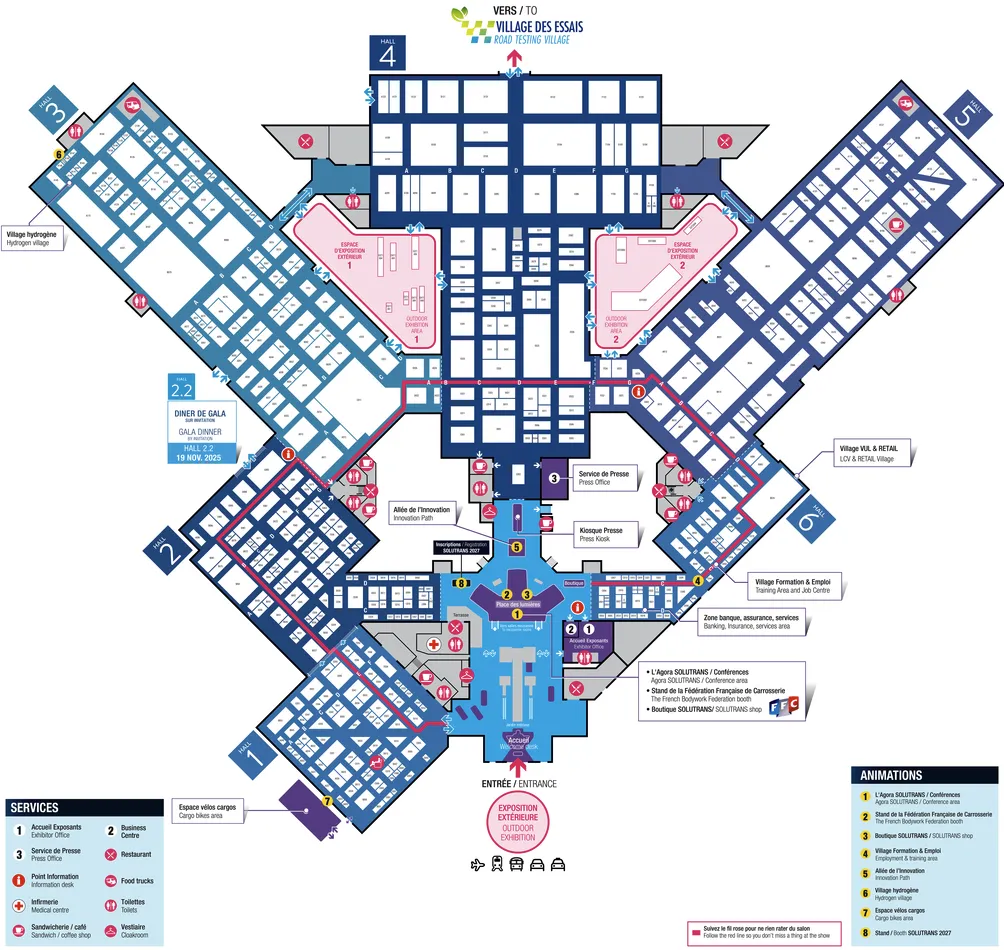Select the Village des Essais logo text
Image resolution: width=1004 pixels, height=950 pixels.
[x=519, y=26]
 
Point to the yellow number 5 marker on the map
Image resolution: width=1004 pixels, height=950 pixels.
[x=517, y=546]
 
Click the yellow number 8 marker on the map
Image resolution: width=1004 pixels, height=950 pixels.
[x=462, y=582]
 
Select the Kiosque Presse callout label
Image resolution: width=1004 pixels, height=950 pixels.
[x=600, y=535]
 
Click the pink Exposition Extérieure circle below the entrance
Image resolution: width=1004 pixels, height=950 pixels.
[x=517, y=821]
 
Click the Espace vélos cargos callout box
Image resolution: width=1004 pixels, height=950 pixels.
[x=208, y=811]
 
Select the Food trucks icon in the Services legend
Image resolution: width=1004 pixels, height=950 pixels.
[x=110, y=880]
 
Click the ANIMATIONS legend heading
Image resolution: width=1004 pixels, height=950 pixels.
[x=890, y=775]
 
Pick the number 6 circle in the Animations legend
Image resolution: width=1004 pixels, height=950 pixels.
[x=864, y=890]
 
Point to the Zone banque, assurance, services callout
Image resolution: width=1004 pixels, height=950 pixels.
[x=750, y=622]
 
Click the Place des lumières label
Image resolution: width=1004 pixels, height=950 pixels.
[x=517, y=605]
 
